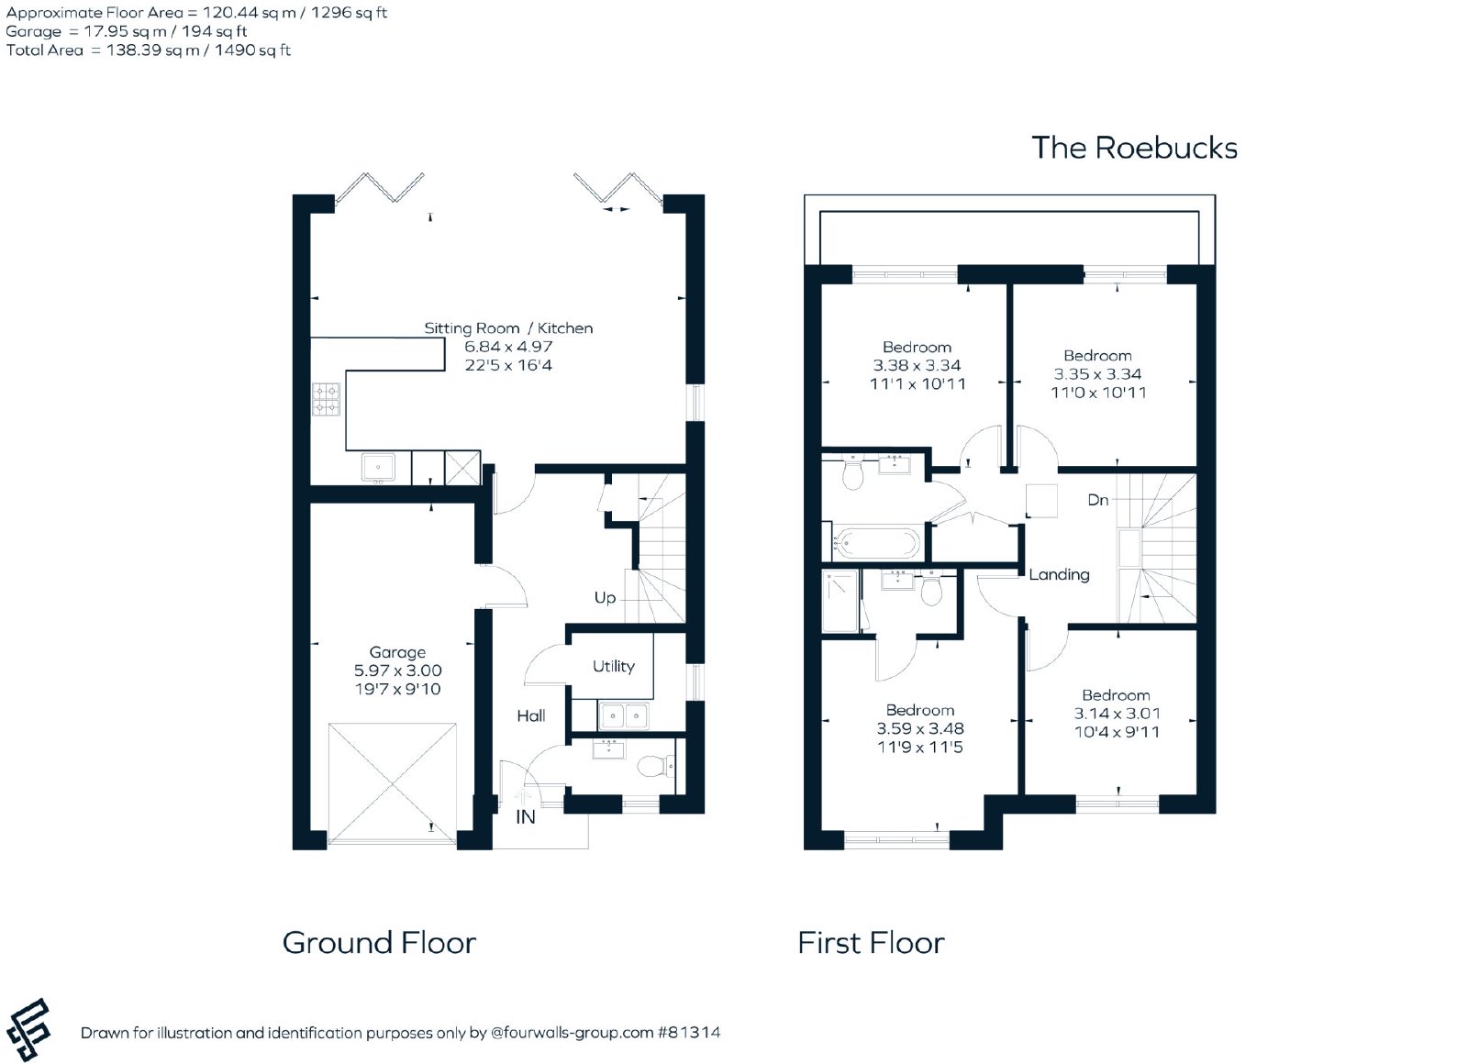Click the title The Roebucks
pos(1134,148)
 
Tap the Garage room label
pos(397,652)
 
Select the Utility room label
pos(614,666)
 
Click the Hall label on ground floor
pos(531,715)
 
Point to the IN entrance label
pos(526,817)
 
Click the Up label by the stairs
pos(605,597)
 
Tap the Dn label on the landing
pos(1097,500)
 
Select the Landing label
pos(1059,574)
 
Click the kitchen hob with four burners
pos(326,400)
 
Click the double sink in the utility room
pos(623,716)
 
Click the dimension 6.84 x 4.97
pos(508,347)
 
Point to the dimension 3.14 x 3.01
pos(1117,714)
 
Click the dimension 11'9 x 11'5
pos(920,747)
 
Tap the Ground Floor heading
pos(380,943)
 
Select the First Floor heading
pos(871,943)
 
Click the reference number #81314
pos(689,1033)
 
